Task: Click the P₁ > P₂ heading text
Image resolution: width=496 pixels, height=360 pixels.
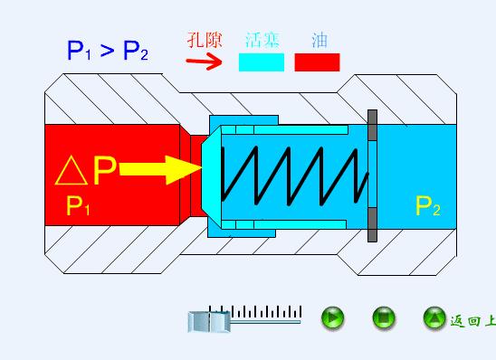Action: click(107, 51)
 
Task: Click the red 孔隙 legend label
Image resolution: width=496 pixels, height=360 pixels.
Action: click(204, 41)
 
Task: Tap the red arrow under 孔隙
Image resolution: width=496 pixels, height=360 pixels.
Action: click(204, 62)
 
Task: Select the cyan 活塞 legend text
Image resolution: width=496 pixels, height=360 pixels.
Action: click(262, 41)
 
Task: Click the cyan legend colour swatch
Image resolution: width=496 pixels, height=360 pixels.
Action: click(262, 62)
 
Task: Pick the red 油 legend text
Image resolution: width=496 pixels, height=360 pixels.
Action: click(319, 41)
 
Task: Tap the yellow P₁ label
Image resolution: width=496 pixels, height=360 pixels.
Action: click(79, 207)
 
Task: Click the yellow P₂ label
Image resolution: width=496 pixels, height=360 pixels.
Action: click(427, 207)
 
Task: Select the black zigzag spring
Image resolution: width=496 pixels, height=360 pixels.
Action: click(295, 174)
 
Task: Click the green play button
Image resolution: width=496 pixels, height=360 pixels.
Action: click(333, 317)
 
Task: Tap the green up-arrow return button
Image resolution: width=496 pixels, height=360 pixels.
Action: click(434, 317)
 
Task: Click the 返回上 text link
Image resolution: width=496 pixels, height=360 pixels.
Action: click(472, 320)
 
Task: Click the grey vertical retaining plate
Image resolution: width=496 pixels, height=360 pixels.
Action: click(372, 176)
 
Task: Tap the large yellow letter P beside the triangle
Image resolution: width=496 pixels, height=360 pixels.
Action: click(104, 171)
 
